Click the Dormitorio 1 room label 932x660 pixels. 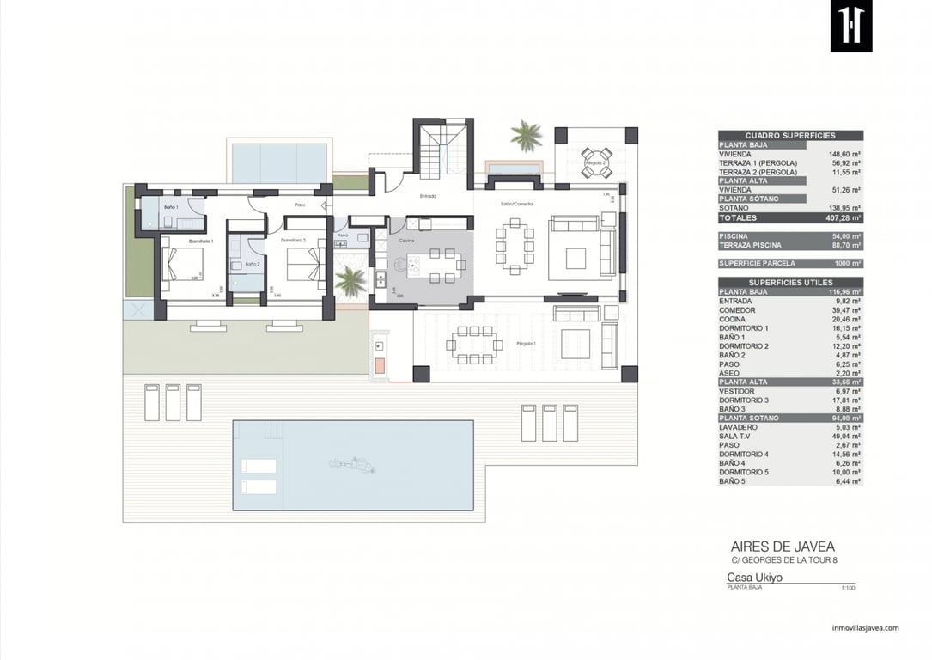coord(201,241)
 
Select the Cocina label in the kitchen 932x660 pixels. coord(406,241)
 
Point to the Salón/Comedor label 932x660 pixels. coord(518,204)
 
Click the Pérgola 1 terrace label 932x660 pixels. coord(525,343)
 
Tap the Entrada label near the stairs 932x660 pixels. coord(428,196)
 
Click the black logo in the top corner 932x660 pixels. coord(850,26)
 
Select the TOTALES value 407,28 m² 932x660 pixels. coord(843,218)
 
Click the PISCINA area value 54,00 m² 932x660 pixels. coord(846,235)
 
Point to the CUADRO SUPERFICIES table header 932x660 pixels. coord(790,135)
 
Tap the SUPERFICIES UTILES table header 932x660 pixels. coord(790,283)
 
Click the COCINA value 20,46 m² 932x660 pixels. coord(849,319)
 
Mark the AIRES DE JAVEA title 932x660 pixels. coord(783,547)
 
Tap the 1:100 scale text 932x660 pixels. coord(847,588)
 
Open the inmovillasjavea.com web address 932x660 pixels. coord(865,628)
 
